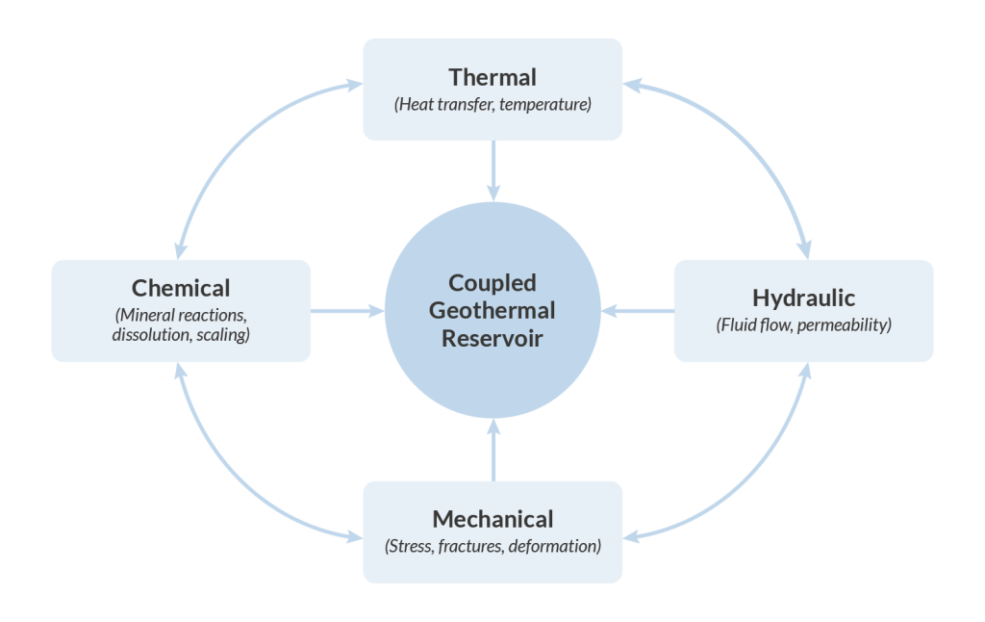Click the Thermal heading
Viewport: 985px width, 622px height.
point(492,76)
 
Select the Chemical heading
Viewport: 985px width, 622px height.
point(181,288)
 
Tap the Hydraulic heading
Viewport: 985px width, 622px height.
point(803,297)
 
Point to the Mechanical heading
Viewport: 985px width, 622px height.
point(492,519)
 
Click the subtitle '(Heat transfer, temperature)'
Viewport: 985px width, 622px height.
point(492,104)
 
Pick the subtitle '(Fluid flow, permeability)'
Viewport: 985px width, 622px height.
point(803,324)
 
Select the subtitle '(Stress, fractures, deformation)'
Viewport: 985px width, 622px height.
point(492,546)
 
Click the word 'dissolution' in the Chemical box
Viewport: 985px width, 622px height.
point(153,334)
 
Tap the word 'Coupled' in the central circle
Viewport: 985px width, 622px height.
point(492,284)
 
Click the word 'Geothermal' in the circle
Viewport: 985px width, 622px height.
point(492,311)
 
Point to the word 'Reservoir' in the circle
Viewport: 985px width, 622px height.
point(492,339)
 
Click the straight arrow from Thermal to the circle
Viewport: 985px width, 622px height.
point(492,169)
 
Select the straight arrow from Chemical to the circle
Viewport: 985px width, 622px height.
point(346,311)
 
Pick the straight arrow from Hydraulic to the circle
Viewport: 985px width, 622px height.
point(639,311)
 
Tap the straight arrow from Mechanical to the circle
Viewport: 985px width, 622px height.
point(492,451)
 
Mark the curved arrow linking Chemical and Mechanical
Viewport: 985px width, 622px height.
point(227,480)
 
